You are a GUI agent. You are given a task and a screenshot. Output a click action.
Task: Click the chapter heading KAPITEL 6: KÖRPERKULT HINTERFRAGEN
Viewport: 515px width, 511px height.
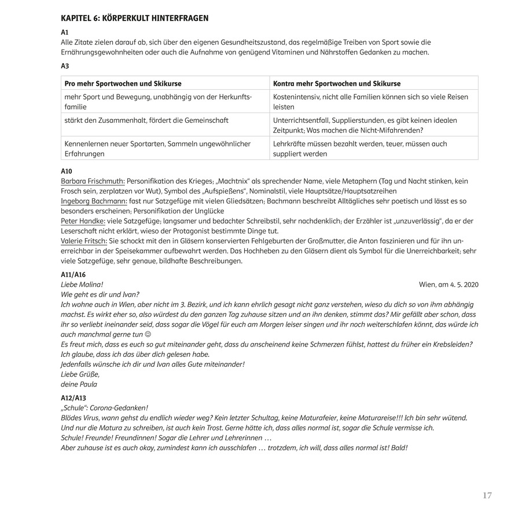pos(135,19)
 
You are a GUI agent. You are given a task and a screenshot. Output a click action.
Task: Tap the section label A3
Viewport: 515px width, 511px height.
pos(65,66)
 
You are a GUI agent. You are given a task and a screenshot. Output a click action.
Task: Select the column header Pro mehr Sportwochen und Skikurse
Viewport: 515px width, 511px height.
pos(123,83)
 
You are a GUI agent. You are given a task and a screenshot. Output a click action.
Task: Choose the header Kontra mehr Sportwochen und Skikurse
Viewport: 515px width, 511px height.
pos(337,83)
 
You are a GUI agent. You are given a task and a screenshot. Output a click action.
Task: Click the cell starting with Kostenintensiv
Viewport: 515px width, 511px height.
pos(370,101)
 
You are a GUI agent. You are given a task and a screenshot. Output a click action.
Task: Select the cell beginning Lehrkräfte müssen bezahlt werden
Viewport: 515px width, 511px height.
pos(360,148)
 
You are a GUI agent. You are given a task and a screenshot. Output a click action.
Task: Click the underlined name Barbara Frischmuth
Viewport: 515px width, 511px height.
pos(93,181)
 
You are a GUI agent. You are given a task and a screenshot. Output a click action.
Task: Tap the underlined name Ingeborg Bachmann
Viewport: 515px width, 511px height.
pos(94,200)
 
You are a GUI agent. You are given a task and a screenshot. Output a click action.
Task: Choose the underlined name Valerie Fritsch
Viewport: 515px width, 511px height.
pos(83,240)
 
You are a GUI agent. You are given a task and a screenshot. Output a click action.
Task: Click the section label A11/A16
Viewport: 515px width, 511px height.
pos(73,275)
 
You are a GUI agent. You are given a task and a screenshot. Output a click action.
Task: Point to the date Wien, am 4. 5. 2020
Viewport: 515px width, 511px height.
pos(448,284)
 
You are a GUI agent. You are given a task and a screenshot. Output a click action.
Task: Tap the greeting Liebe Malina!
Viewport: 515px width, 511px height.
pos(82,284)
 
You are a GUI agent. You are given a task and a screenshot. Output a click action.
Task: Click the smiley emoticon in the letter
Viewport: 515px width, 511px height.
pos(147,334)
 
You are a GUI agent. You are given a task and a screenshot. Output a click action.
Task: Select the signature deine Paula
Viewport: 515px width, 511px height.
pos(79,384)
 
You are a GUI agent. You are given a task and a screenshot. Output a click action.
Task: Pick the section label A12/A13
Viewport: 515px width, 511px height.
pos(73,398)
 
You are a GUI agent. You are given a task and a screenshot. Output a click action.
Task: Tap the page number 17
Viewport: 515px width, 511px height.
pos(487,495)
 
